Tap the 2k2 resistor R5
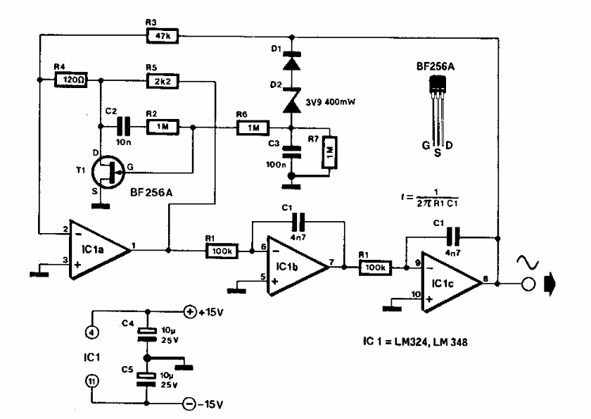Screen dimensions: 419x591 161,80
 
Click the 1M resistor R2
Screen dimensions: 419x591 162,127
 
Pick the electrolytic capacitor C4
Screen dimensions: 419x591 146,333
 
